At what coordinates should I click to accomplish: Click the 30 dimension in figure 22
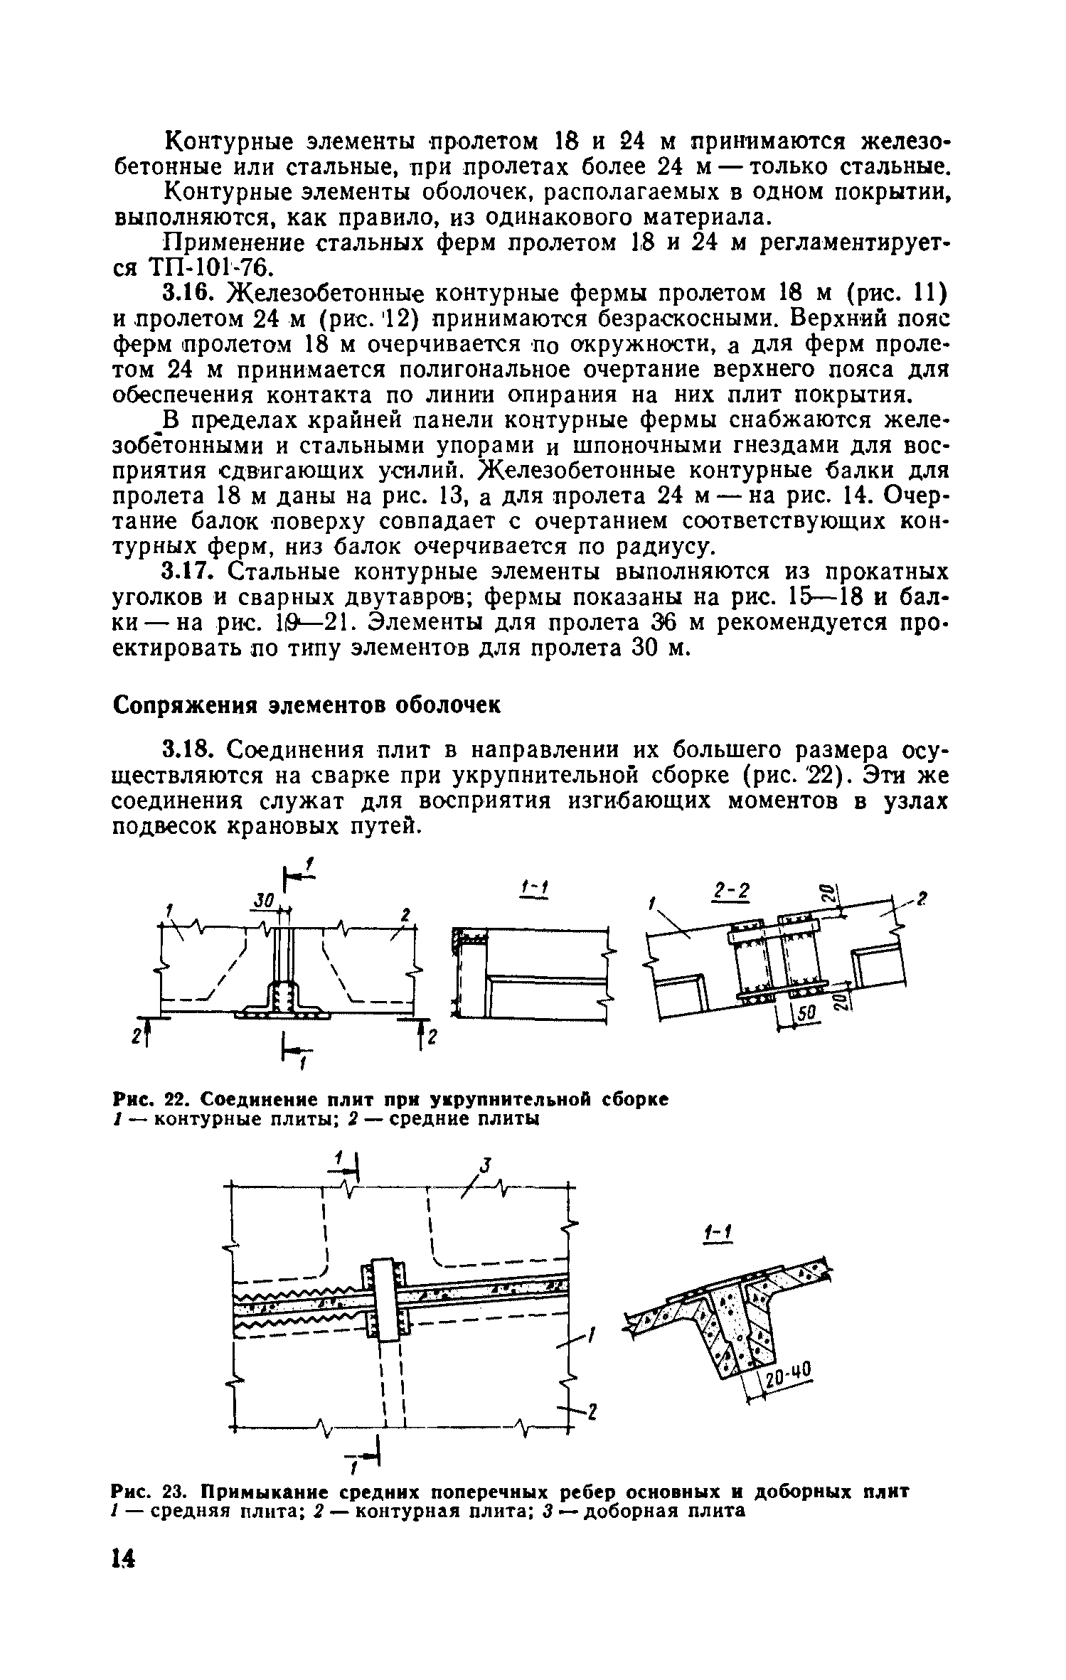(x=265, y=901)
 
